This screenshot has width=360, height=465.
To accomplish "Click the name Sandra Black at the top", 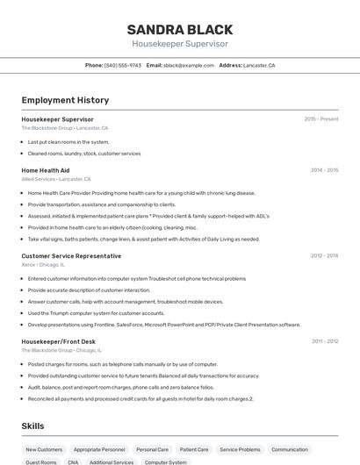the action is point(180,29).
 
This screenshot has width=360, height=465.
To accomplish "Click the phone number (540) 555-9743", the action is point(122,66).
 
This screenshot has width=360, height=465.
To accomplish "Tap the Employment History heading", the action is point(65,101).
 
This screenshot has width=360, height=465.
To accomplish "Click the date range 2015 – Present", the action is point(321,119).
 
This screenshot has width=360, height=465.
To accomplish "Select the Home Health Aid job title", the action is point(46,170).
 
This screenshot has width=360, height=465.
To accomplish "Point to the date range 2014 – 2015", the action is point(324,170).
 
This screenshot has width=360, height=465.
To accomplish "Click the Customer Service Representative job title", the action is point(71,256).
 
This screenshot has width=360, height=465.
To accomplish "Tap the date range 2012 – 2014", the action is point(324,256).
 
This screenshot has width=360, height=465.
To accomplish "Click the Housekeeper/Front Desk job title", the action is point(59,341).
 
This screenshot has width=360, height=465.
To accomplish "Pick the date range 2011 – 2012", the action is point(325,341).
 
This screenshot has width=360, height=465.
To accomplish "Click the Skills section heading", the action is point(33,426).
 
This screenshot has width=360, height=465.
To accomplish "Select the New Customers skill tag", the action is point(44,449).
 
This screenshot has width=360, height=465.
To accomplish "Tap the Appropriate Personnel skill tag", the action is point(99,449).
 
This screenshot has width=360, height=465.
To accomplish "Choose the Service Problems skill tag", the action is point(240,449).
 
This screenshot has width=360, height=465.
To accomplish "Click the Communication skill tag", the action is point(290,449).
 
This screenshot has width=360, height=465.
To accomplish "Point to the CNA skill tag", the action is point(73,461).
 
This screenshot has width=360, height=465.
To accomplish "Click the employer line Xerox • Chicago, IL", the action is point(43,264).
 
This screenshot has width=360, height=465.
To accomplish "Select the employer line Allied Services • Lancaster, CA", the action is point(56,179).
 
